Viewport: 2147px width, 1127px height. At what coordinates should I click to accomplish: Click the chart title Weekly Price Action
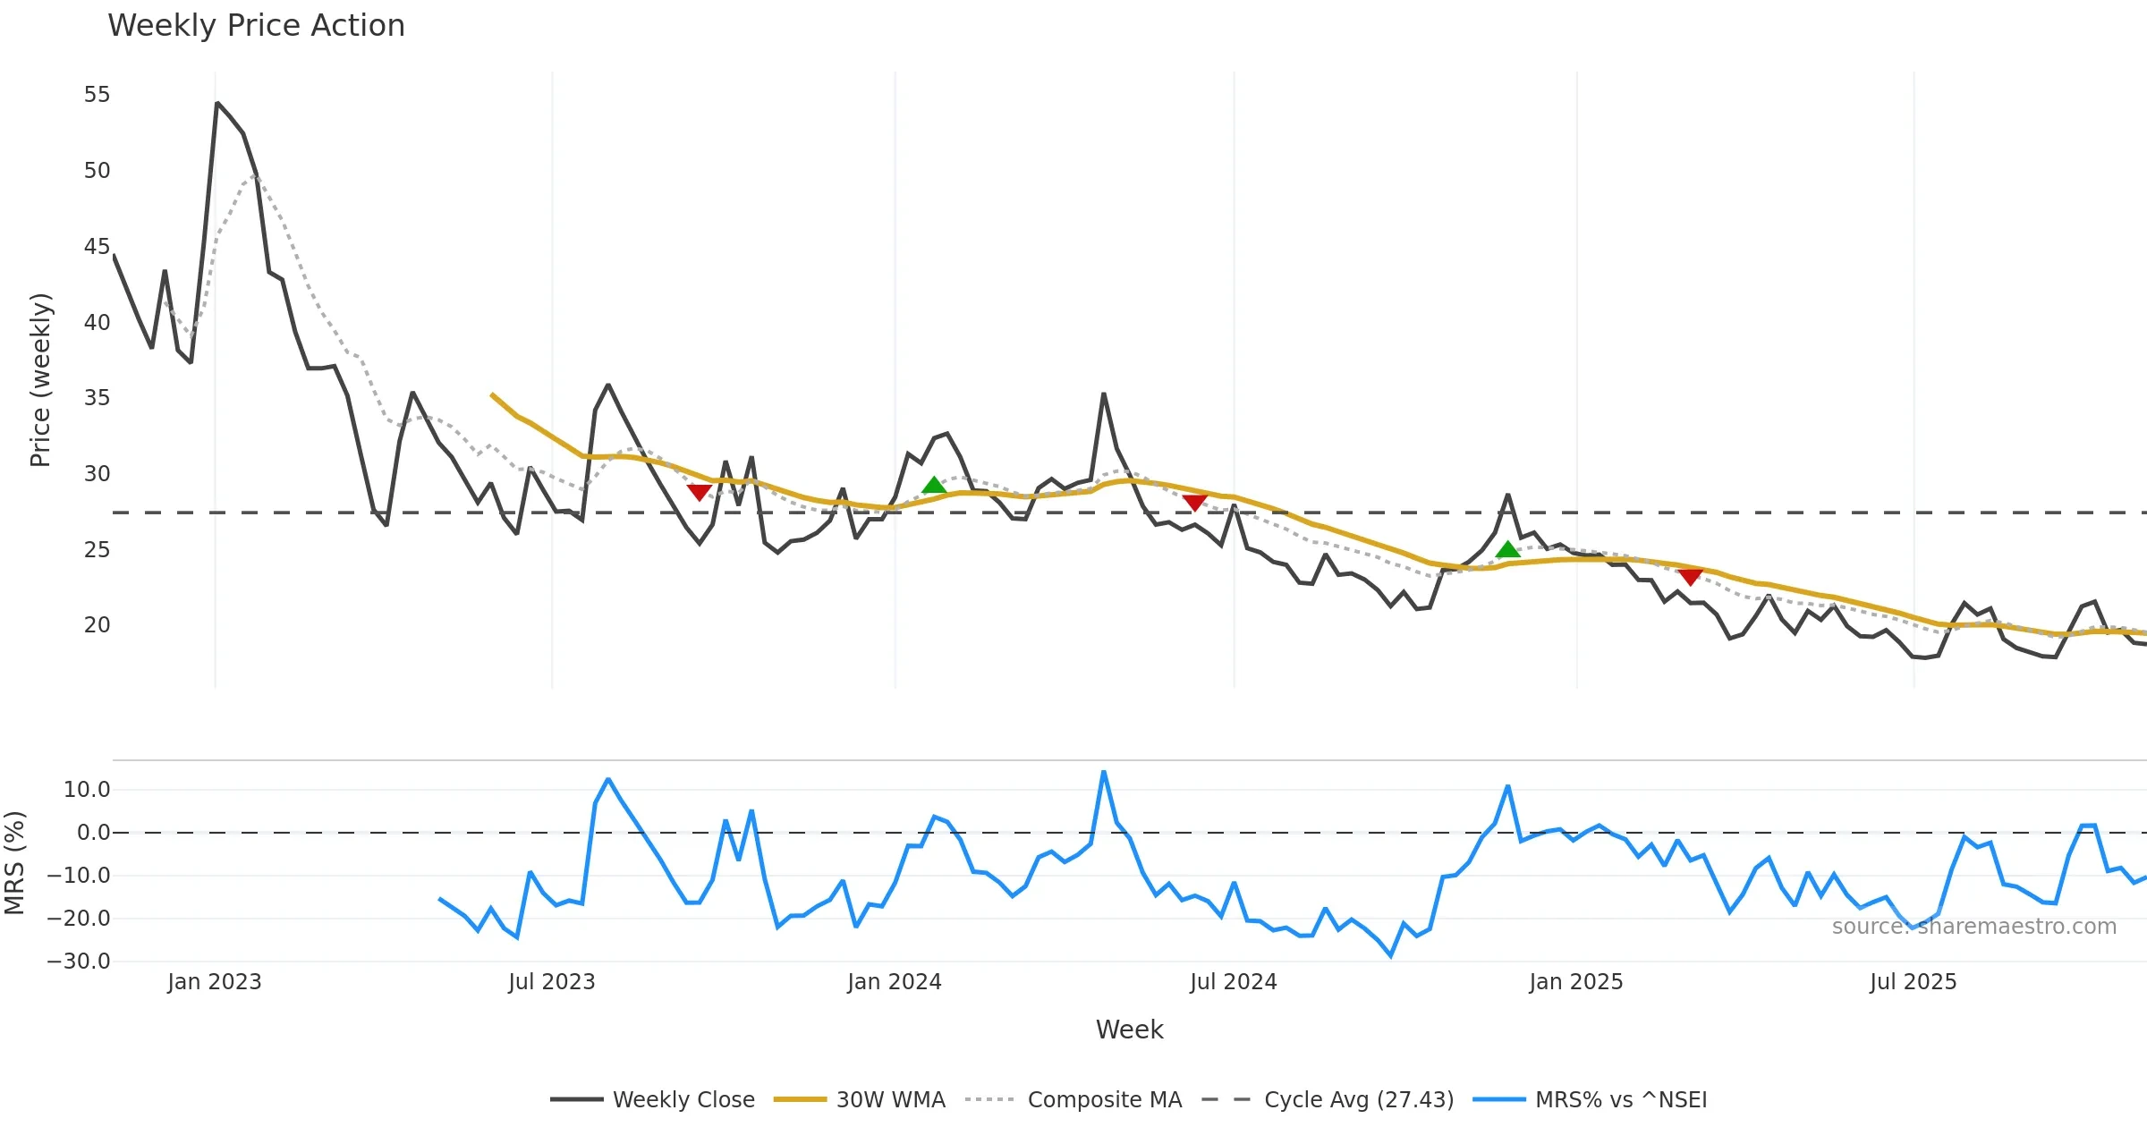256,26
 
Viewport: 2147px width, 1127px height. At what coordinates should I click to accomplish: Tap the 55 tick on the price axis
97,95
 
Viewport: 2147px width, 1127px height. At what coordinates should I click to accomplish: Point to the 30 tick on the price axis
97,474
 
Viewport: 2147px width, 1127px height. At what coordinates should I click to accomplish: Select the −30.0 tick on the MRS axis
79,962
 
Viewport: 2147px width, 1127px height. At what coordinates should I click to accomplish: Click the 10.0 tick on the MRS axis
87,790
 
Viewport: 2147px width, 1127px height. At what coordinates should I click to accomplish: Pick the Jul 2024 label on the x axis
1233,982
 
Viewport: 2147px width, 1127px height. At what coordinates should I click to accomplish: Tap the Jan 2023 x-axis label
215,982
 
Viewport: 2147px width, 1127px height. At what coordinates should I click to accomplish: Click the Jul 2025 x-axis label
1913,982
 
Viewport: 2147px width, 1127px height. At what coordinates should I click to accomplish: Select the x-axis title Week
1129,1030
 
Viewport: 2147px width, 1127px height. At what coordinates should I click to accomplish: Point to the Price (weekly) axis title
40,380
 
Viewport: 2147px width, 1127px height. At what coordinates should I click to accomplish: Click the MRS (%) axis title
14,863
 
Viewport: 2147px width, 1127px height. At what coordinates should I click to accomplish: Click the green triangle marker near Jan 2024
934,486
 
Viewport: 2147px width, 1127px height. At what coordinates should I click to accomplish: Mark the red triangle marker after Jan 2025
1690,577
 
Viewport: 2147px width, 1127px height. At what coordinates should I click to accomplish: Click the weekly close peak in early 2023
217,104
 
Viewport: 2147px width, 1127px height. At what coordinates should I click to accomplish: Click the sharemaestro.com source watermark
1973,927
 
